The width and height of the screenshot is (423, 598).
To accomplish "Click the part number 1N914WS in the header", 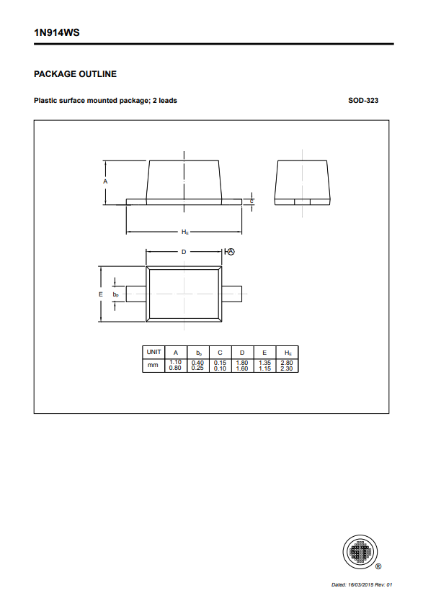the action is [x=56, y=33].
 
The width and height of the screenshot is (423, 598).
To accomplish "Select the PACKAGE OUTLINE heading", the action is [x=75, y=74].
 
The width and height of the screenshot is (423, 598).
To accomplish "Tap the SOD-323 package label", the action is [x=363, y=101].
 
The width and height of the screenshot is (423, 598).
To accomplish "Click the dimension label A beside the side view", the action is [x=105, y=181].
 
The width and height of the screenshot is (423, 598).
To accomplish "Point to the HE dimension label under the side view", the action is [x=185, y=232].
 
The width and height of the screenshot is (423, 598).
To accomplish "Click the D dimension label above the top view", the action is [x=184, y=252].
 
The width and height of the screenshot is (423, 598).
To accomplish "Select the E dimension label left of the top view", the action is [x=101, y=294].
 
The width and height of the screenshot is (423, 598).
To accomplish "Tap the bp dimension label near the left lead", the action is [x=116, y=295].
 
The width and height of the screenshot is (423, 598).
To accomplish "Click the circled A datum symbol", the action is [x=231, y=252].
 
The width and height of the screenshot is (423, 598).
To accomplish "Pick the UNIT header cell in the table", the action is [x=153, y=352].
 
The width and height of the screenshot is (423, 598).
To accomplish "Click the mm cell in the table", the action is [x=153, y=365].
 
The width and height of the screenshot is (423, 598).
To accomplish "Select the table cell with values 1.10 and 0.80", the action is [x=176, y=365].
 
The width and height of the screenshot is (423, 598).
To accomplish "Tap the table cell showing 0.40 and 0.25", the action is [x=197, y=365].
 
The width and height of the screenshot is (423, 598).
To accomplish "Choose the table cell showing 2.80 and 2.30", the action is [x=287, y=365].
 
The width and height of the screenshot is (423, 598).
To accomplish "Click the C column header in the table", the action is [x=220, y=353].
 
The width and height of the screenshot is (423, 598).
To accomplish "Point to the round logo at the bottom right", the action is [x=360, y=551].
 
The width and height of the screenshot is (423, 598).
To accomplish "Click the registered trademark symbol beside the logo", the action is [x=378, y=566].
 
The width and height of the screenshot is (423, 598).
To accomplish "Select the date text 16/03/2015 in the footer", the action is [x=360, y=584].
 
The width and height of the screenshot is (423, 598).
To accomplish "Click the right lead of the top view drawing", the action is [x=232, y=294].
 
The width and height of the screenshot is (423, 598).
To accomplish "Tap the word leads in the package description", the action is [x=168, y=101].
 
